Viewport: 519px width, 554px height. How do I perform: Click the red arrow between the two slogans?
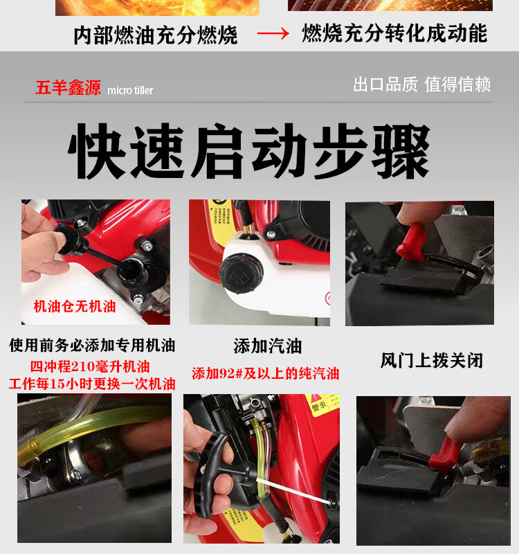pyautogui.click(x=273, y=34)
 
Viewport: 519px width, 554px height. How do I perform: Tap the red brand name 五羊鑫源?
pyautogui.click(x=68, y=87)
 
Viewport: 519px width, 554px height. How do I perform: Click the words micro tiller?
pyautogui.click(x=130, y=91)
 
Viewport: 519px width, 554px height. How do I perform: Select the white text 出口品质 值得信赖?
pyautogui.click(x=422, y=84)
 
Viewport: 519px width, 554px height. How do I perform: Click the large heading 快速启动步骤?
pyautogui.click(x=249, y=151)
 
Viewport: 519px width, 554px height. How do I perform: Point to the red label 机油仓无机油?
pyautogui.click(x=75, y=306)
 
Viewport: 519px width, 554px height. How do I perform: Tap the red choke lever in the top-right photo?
pyautogui.click(x=412, y=242)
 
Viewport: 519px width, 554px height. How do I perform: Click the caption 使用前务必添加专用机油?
pyautogui.click(x=92, y=345)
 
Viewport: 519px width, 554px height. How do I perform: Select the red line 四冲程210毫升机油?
pyautogui.click(x=90, y=366)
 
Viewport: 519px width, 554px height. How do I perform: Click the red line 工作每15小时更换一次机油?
pyautogui.click(x=92, y=384)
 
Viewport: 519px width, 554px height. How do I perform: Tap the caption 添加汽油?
pyautogui.click(x=268, y=346)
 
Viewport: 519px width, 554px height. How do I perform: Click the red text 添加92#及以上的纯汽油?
pyautogui.click(x=266, y=373)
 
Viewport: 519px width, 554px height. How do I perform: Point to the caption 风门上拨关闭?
pyautogui.click(x=432, y=360)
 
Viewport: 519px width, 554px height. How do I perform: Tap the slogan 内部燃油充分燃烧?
pyautogui.click(x=156, y=35)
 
